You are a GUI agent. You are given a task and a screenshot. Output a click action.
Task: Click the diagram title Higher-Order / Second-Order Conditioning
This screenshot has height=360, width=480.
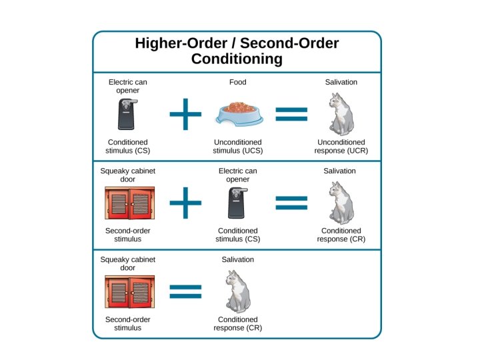tap(237, 51)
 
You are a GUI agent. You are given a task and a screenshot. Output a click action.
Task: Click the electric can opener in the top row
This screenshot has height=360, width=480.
tap(128, 114)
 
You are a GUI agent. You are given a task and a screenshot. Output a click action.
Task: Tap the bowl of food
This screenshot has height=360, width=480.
tap(237, 115)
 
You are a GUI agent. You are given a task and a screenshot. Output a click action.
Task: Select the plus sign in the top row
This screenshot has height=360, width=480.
tap(185, 115)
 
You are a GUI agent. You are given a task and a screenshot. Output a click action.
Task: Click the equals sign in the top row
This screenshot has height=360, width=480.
tap(291, 115)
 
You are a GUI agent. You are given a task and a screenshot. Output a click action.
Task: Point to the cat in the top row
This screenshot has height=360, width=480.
tap(341, 114)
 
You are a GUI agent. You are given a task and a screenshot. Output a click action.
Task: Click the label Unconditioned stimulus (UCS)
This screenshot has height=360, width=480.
tap(238, 147)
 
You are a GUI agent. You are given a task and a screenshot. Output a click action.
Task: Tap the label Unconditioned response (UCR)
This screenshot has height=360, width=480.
tap(341, 147)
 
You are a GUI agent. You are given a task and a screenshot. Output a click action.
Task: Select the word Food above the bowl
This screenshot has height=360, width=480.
tap(237, 82)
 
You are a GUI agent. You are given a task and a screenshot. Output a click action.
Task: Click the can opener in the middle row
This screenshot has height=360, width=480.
tap(238, 203)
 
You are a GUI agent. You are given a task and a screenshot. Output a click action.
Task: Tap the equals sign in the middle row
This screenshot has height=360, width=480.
tap(291, 203)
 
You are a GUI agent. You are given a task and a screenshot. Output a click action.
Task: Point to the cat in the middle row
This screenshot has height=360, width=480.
tap(341, 203)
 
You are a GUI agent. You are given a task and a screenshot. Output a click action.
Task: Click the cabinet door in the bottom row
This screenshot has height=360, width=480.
tap(128, 291)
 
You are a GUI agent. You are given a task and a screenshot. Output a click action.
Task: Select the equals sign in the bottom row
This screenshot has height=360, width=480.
tap(185, 291)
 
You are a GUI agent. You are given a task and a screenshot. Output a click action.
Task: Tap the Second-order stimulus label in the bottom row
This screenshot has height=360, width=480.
tap(128, 323)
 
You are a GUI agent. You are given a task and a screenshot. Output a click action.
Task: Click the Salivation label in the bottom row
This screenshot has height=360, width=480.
tap(238, 259)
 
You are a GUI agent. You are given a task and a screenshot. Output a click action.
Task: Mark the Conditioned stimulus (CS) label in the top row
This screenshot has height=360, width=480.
tap(128, 147)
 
